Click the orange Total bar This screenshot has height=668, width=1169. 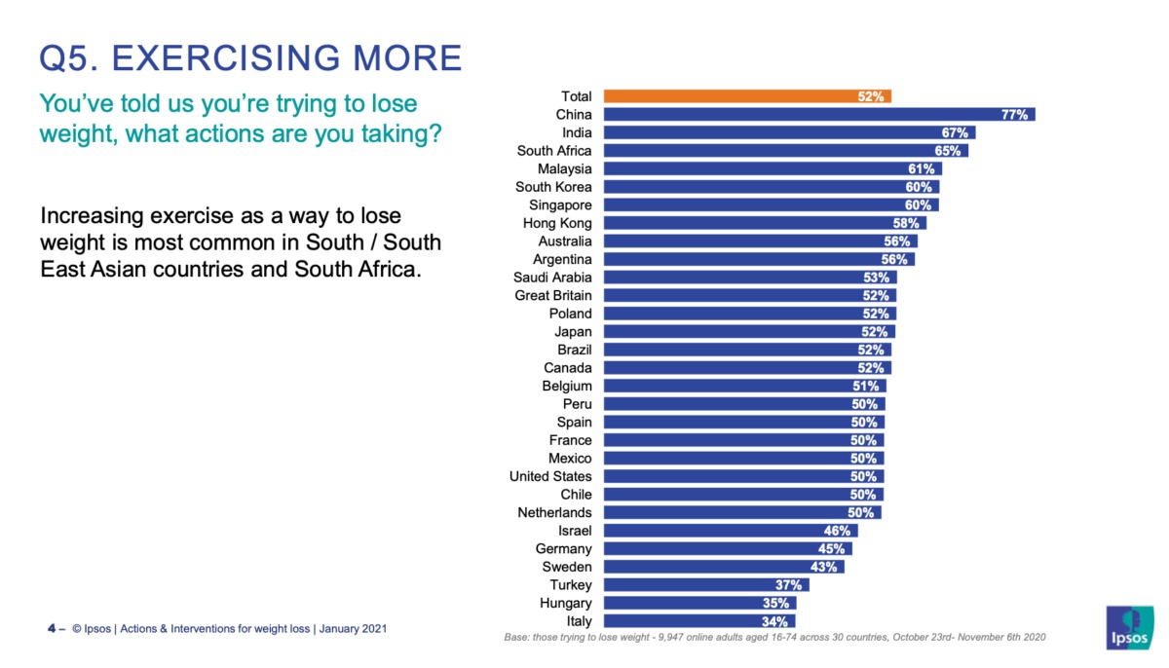(x=746, y=96)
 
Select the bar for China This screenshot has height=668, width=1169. (x=818, y=115)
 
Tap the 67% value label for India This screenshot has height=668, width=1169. (x=954, y=132)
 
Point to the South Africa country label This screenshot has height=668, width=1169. (x=553, y=151)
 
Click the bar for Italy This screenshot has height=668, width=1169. (x=698, y=621)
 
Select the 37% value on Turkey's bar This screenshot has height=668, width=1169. (x=789, y=585)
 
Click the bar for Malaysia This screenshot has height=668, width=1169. (x=772, y=168)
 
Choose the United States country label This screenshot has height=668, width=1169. (x=549, y=476)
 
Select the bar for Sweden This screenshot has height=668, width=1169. (x=723, y=567)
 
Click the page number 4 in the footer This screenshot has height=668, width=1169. (x=51, y=629)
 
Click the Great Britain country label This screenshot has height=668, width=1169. (x=552, y=295)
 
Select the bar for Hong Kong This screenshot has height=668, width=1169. (x=764, y=223)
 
